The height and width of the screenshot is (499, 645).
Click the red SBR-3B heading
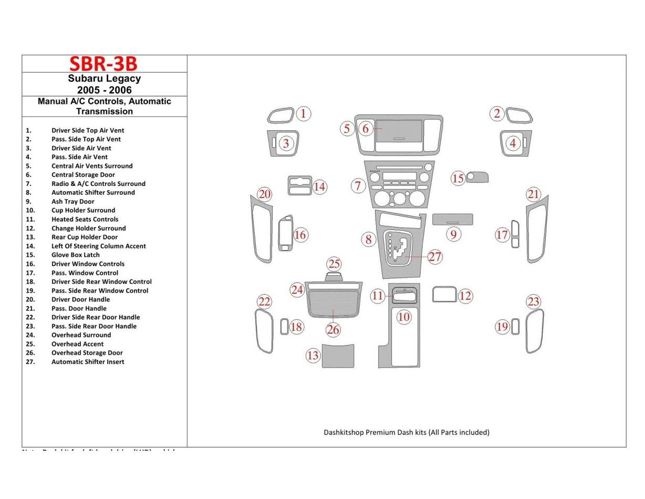103,64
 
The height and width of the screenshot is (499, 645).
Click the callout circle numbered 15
458,179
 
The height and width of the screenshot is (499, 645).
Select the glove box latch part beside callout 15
477,176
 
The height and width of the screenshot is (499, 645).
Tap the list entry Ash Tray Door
72,201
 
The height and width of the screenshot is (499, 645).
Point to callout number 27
435,257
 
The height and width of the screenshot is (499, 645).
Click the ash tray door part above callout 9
452,219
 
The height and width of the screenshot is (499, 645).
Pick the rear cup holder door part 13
337,356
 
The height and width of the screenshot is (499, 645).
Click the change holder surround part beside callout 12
444,294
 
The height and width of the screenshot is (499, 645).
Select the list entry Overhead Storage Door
87,353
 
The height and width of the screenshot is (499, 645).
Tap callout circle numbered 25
334,264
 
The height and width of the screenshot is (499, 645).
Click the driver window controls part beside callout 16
286,234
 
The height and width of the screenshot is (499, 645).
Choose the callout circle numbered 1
303,113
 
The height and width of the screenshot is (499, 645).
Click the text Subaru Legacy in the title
104,79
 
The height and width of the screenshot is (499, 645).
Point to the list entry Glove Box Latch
75,255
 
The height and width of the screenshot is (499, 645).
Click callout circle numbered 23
534,302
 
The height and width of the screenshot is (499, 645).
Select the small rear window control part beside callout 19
515,326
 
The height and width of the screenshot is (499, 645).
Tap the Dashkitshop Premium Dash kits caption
406,432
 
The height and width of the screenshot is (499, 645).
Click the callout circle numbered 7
358,185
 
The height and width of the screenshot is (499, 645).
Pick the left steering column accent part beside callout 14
299,186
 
